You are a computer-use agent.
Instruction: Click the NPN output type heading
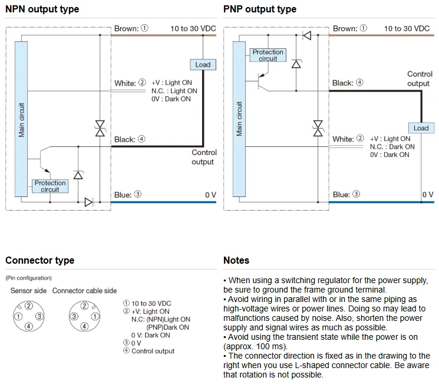tap(42, 9)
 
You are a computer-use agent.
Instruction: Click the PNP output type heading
tap(259, 9)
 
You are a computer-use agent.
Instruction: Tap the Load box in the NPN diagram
tap(202, 64)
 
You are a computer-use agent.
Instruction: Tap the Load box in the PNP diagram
tap(421, 128)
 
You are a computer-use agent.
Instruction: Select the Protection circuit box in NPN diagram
tap(50, 186)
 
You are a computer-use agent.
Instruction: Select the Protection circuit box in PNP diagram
tap(268, 55)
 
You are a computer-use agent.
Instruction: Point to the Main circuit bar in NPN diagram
tap(22, 118)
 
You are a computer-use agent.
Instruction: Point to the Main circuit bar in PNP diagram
tap(239, 119)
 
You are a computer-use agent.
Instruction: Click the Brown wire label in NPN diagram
tap(131, 28)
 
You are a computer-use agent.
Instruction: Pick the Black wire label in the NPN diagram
tap(129, 139)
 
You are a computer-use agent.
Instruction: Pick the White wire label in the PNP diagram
tap(348, 139)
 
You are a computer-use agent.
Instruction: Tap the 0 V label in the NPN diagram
tap(210, 195)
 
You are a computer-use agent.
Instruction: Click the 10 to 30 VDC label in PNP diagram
tap(407, 28)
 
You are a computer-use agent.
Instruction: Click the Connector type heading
tap(40, 260)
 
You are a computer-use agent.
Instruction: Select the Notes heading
tap(236, 260)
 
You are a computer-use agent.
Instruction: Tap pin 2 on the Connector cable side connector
tap(85, 306)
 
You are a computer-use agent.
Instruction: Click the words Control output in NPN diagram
tap(204, 157)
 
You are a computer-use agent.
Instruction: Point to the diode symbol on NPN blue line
tap(88, 202)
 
